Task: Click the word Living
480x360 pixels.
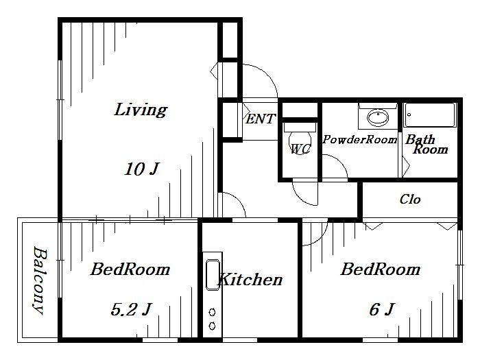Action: tap(141, 110)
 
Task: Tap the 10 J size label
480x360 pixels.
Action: tap(142, 169)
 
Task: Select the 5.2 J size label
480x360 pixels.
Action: tap(131, 309)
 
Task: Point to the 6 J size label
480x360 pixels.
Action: tap(381, 309)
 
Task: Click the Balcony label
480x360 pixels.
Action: tap(40, 280)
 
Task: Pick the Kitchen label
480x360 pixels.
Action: tap(250, 280)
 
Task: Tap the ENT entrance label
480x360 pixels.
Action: tap(261, 119)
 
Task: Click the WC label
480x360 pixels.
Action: tap(300, 149)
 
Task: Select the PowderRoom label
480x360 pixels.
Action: tap(360, 140)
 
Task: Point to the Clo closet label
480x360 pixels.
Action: tap(410, 200)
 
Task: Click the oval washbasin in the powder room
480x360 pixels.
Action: tap(378, 117)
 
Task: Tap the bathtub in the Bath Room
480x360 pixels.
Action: tap(429, 115)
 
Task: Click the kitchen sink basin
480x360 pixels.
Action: tap(213, 274)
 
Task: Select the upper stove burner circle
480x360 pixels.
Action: tap(212, 312)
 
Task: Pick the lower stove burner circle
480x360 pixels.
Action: tap(212, 326)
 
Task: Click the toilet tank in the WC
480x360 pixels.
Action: tap(300, 127)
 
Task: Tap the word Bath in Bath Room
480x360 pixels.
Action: tap(420, 139)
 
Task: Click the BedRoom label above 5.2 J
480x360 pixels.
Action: tap(130, 269)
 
